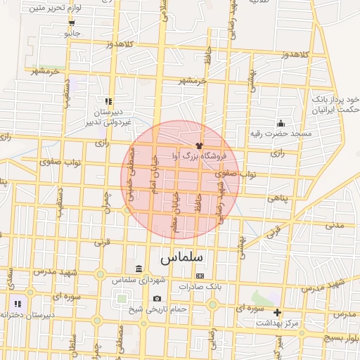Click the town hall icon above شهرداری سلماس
point(139,269)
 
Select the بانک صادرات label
point(200,287)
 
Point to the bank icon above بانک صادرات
point(200,276)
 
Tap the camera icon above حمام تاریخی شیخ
point(156,299)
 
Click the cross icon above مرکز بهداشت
point(278,312)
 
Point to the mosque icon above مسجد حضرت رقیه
point(281,123)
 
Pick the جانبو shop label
point(72,33)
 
